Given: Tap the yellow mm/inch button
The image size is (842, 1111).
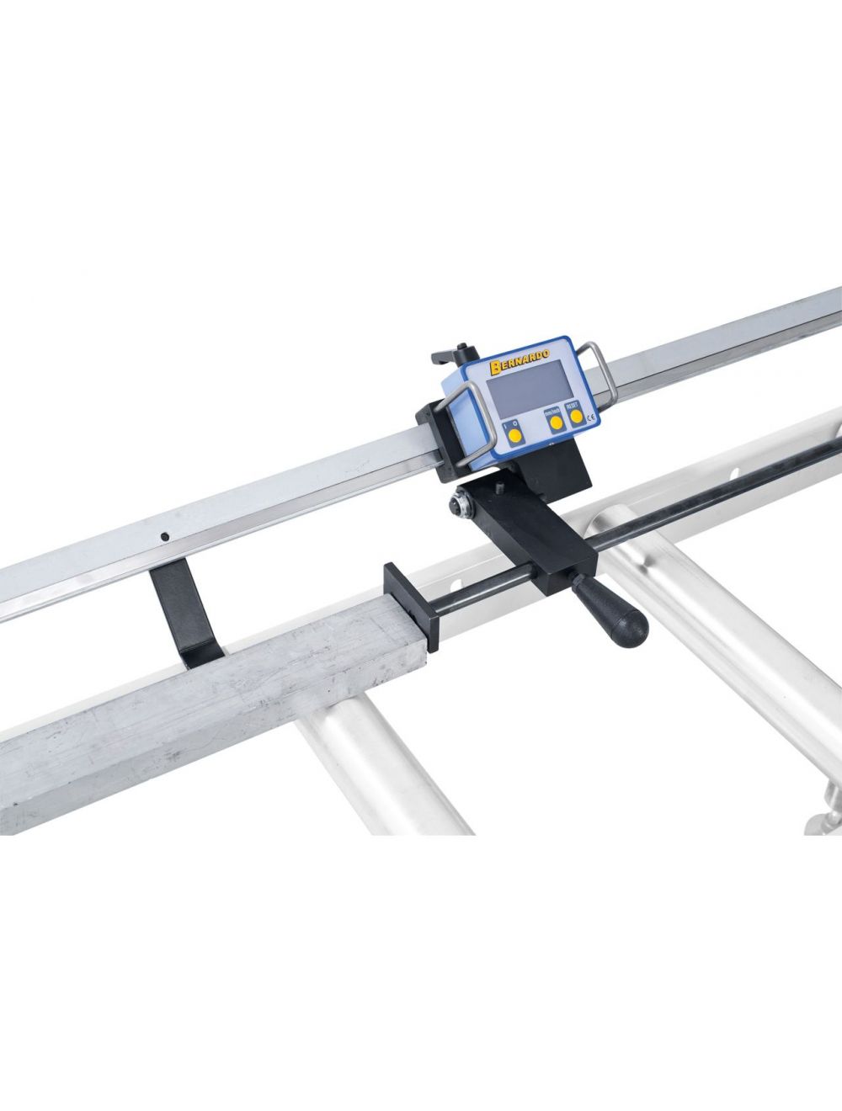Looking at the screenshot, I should (x=555, y=425).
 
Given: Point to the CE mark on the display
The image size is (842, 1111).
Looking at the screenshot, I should (x=592, y=417).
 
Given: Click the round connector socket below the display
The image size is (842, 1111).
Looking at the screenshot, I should (x=462, y=504).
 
